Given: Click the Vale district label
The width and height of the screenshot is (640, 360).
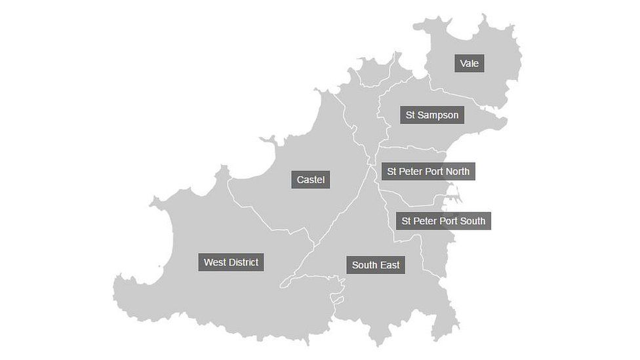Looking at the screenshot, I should pos(469,64).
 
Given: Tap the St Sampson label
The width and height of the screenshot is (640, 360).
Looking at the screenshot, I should pos(432,115).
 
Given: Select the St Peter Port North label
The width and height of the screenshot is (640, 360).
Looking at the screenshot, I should pos(428,171).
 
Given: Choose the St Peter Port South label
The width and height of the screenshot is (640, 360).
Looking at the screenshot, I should pos(443,221).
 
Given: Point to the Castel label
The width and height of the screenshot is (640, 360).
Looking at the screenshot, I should pos(310,180).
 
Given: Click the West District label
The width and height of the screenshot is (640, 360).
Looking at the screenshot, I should pos(231,262).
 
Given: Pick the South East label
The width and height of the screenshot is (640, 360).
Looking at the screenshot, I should pos(376,265).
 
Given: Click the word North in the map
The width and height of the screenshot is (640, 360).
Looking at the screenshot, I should pos(456,171).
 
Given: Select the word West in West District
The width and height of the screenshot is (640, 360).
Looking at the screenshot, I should pos(214,262).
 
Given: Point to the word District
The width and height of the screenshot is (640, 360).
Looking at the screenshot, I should pos(243,262).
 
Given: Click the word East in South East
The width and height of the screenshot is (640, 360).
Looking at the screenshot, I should pos(390,265).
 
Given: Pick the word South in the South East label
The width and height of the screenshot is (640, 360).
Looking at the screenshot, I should pos(365,265).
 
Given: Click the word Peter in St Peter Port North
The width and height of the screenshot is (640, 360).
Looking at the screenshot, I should pos(411,171).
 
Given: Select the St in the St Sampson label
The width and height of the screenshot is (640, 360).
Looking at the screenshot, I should pos(410,115).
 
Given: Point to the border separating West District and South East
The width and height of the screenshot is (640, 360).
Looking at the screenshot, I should pos(298,269).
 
